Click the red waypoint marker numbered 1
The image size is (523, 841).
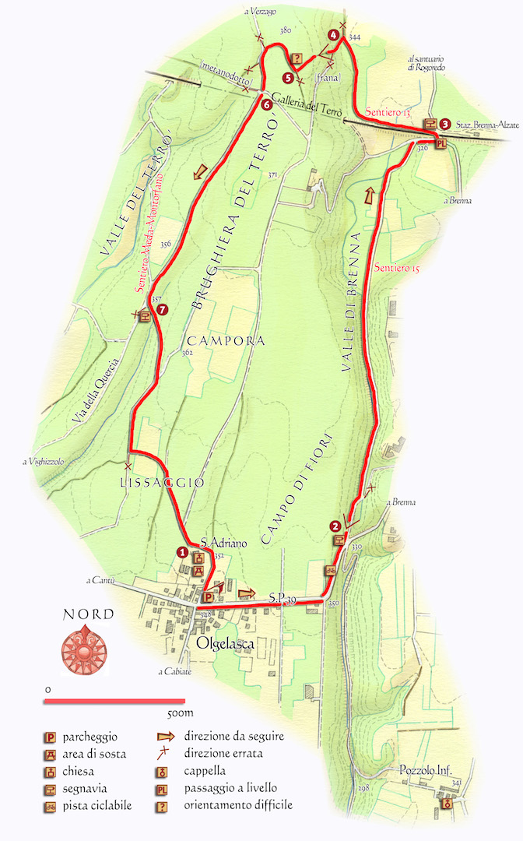pyautogui.click(x=182, y=553)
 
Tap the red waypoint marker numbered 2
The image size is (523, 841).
pyautogui.click(x=335, y=525)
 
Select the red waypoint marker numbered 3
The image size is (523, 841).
pyautogui.click(x=444, y=123)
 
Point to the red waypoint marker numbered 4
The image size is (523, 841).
pyautogui.click(x=333, y=34)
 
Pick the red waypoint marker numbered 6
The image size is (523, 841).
pyautogui.click(x=266, y=105)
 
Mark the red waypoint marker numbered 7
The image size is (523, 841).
pyautogui.click(x=161, y=309)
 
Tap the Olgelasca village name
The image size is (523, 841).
pyautogui.click(x=227, y=643)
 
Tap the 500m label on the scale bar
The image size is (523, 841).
pyautogui.click(x=180, y=713)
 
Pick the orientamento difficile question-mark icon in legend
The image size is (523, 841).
pyautogui.click(x=162, y=805)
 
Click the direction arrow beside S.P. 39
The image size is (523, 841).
pyautogui.click(x=246, y=593)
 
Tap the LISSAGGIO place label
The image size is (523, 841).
pyautogui.click(x=162, y=483)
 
